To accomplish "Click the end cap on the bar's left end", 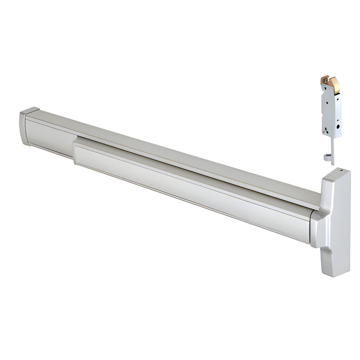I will [x=25, y=127].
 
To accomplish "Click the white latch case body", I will [x=331, y=112].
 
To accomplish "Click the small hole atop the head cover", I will [x=341, y=171].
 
